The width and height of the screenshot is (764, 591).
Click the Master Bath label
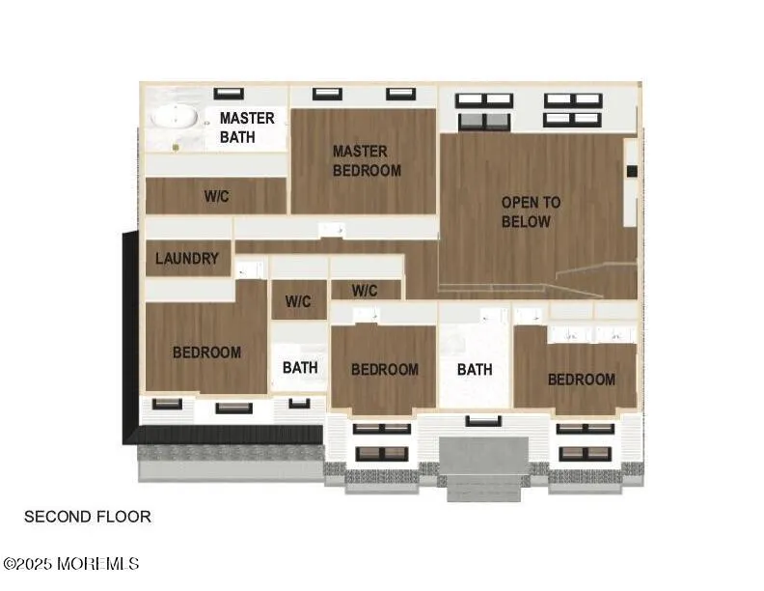pos(247,127)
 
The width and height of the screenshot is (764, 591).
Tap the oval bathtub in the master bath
pos(175,118)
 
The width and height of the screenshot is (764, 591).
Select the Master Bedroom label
pos(367,161)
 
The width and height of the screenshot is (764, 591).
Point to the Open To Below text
pos(531,211)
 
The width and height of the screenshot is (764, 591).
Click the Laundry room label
pos(187,259)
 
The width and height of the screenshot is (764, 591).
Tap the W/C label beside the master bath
pos(217,196)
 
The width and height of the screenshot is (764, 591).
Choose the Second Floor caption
pos(88,517)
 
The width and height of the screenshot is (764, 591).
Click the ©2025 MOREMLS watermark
pos(71,564)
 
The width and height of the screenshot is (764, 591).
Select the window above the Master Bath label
pos(229,94)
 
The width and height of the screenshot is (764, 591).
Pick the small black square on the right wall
pos(632,171)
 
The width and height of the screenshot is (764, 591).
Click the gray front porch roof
pos(484,456)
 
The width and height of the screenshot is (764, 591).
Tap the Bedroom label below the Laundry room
pos(207,352)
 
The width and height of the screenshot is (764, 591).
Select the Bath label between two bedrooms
pos(475,369)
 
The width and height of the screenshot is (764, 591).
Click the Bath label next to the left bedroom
pos(300,367)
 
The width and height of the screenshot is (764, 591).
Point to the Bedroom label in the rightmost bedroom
pos(582,380)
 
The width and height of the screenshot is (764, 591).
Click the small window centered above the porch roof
pos(483,421)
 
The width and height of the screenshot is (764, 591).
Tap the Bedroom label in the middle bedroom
pos(385,369)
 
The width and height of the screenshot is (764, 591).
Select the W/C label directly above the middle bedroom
pos(365,291)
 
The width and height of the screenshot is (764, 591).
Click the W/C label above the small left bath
pos(298,301)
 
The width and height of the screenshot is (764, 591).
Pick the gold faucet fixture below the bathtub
pos(176,147)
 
